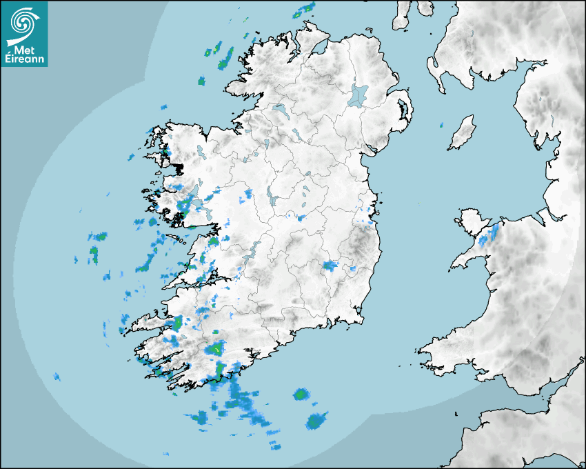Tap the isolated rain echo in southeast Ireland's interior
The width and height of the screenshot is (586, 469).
[x=330, y=266]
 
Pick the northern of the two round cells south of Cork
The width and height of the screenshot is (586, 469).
[x=301, y=395]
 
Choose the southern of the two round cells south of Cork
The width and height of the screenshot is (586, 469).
[x=316, y=419]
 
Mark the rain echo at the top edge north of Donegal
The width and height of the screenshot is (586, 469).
[x=304, y=10]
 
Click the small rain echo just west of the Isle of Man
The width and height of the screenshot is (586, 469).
[x=441, y=126]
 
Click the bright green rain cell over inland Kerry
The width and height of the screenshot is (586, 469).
[x=217, y=349]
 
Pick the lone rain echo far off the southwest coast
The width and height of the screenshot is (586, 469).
[x=57, y=377]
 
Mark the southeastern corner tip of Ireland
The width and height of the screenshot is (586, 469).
[x=361, y=321]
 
